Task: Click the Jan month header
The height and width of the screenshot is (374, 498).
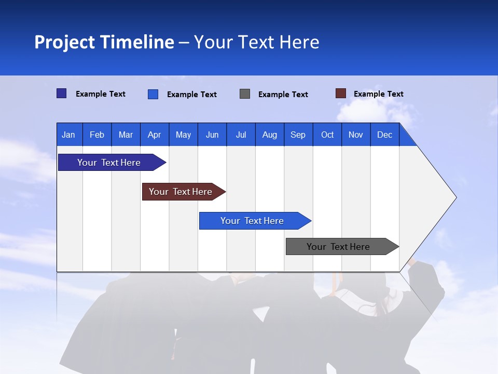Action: pyautogui.click(x=68, y=135)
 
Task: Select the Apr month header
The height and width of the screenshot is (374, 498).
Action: pyautogui.click(x=154, y=135)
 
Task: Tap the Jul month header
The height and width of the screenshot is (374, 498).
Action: pyautogui.click(x=241, y=135)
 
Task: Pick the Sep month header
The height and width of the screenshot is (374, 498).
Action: pyautogui.click(x=298, y=135)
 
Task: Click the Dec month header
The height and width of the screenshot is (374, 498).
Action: pyautogui.click(x=384, y=135)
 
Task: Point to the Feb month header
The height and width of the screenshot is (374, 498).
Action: pyautogui.click(x=97, y=135)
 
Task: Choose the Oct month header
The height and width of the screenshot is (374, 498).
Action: pyautogui.click(x=327, y=135)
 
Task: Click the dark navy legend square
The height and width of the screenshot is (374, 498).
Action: pyautogui.click(x=62, y=94)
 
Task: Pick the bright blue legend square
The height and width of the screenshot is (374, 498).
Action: pyautogui.click(x=153, y=94)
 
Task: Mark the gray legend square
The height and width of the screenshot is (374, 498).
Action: pyautogui.click(x=245, y=94)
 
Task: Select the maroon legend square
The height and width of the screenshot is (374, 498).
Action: pyautogui.click(x=341, y=94)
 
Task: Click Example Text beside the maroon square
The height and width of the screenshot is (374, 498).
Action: pyautogui.click(x=378, y=94)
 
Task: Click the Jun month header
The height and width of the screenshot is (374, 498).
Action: pyautogui.click(x=212, y=135)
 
